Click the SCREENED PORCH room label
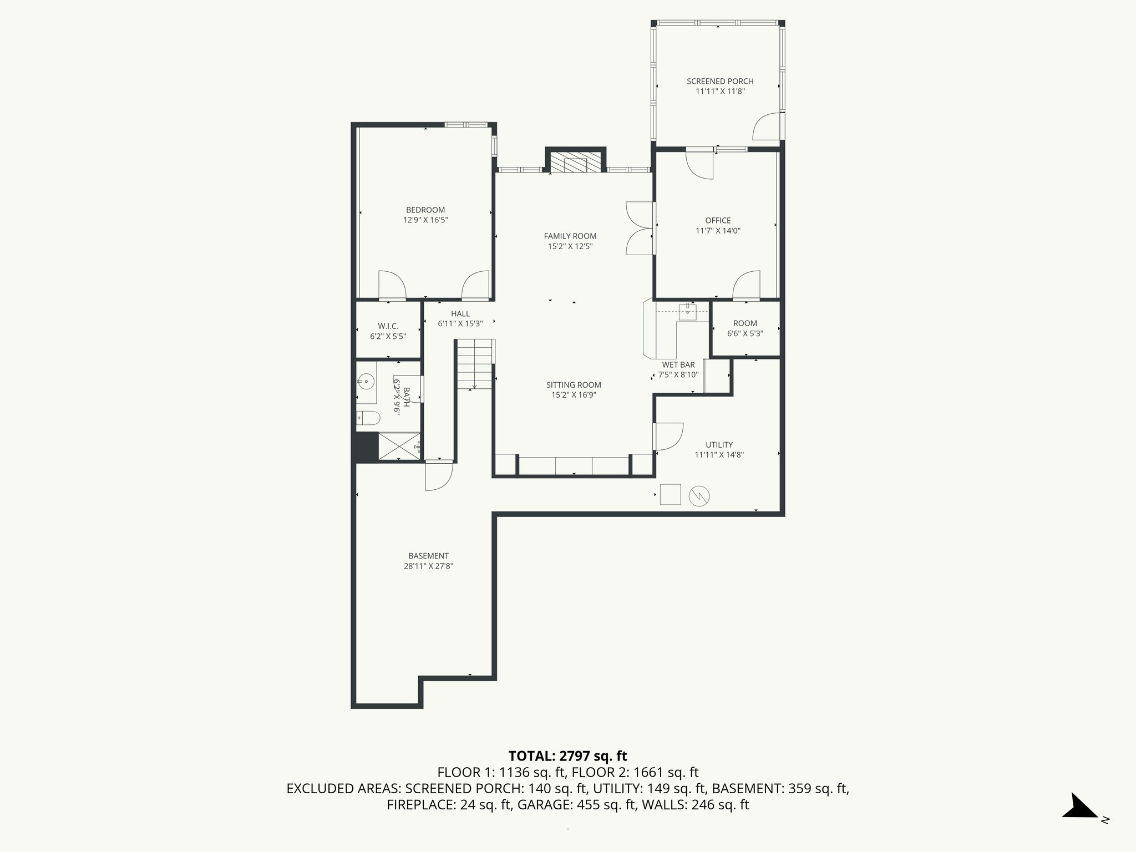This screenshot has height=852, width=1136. coord(720,82)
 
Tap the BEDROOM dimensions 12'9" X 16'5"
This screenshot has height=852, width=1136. coord(425,220)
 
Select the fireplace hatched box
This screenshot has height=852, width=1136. coord(576,161)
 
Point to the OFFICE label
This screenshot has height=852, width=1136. coord(718,221)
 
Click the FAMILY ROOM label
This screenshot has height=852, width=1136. coord(570,236)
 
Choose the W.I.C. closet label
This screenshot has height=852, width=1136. coord(388,326)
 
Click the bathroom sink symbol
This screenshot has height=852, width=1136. coord(366,381)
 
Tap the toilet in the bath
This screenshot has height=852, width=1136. coord(368,418)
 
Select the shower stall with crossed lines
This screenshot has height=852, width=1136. coord(399,446)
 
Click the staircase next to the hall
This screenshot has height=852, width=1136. coord(475,363)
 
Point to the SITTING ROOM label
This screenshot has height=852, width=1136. coord(574,385)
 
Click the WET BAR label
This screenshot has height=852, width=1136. coord(678,365)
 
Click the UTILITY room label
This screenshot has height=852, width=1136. coord(719,445)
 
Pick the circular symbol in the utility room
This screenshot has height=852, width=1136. coord(699,496)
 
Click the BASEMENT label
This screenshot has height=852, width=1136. coord(428,556)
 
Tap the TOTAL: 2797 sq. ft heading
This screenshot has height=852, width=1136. coord(567,755)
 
